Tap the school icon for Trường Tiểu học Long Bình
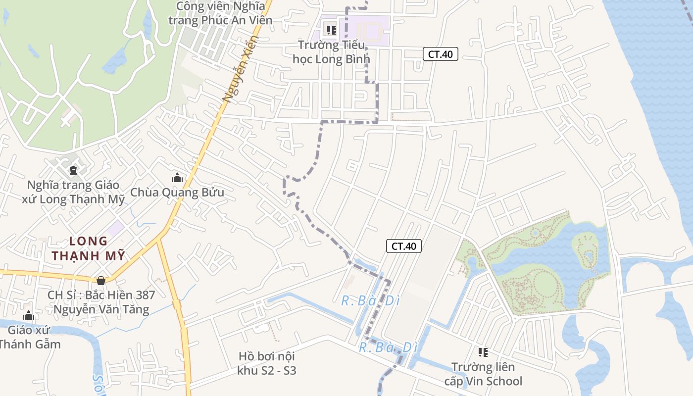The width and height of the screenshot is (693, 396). tap(332, 30)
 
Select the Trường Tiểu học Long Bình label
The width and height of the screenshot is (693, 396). tap(331, 52)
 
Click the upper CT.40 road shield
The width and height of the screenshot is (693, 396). tap(441, 54)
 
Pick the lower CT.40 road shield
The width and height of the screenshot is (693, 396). tap(404, 246)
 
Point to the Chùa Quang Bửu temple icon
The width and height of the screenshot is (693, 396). tap(177, 178)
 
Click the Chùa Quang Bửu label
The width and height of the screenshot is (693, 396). tap(177, 193)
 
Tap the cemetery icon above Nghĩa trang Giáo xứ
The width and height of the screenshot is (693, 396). tap(73, 170)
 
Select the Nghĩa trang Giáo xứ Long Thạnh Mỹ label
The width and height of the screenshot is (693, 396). tap(73, 192)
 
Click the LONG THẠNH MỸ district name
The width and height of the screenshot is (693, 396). tap(89, 248)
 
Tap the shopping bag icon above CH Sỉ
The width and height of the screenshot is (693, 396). tap(101, 281)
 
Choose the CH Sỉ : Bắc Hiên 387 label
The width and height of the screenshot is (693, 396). tap(101, 302)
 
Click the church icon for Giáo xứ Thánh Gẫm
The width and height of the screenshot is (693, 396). tap(29, 315)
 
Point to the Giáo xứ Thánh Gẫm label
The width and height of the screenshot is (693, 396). tap(30, 337)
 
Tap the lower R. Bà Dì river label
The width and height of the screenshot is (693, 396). tap(389, 348)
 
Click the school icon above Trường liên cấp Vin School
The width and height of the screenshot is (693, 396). tap(483, 352)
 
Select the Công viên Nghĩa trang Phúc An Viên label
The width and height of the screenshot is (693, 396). tap(221, 13)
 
